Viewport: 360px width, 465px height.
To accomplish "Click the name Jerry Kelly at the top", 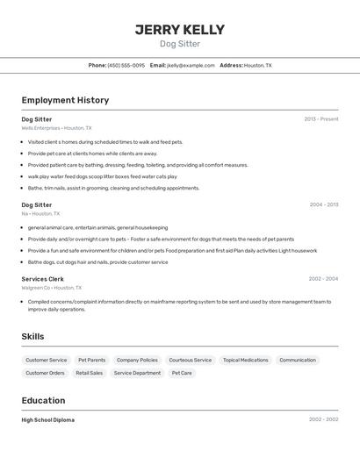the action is coord(179,30).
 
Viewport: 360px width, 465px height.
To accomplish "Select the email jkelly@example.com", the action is coord(191,65).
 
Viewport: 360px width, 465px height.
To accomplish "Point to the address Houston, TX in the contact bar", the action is coord(257,65).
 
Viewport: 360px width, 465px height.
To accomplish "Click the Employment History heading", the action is coord(65,100).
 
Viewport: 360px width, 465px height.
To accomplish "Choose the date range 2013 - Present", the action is coord(320,118).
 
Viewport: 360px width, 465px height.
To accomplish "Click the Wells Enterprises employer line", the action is coord(56,128).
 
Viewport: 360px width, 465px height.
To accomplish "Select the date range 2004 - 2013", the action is coord(323,204).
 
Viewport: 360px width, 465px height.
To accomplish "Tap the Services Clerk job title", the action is coord(43,279).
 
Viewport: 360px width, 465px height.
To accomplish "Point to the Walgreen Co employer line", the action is coord(51,288).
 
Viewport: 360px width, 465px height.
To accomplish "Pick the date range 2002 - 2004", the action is coord(323,279).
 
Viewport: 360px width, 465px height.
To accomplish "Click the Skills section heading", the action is coord(32,336).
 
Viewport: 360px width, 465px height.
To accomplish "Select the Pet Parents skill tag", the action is coord(91,360).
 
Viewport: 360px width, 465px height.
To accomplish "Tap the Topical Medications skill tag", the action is coord(245,360).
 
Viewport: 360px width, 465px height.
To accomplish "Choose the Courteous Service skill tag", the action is coord(190,360).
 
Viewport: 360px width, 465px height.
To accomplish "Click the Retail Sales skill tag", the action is coord(89,373).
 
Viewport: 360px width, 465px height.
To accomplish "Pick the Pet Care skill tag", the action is coord(182,373).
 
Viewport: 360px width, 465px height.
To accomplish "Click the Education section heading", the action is coord(44,400).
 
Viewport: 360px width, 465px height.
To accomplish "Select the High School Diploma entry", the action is coord(47,420).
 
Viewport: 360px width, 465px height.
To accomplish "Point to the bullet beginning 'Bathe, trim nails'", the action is coord(113,188).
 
